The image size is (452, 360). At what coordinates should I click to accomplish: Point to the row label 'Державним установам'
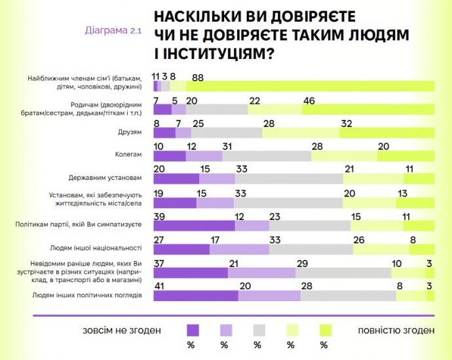click(105, 178)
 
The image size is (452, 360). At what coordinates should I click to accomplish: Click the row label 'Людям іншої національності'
click(96, 248)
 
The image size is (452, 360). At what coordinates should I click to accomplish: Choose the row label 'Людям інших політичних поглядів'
click(86, 295)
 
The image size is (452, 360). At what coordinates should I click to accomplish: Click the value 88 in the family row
click(198, 77)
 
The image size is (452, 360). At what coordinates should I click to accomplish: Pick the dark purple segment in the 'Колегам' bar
click(169, 156)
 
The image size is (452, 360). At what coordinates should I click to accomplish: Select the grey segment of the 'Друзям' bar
click(227, 133)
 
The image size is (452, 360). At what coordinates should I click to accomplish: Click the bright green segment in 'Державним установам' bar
click(419, 179)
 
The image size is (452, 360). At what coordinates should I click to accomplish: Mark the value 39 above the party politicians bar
click(159, 217)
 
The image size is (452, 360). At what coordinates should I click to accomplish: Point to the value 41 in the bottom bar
click(159, 287)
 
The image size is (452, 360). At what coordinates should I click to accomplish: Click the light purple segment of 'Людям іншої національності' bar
click(239, 249)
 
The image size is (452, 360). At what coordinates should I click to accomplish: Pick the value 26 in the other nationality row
click(359, 240)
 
